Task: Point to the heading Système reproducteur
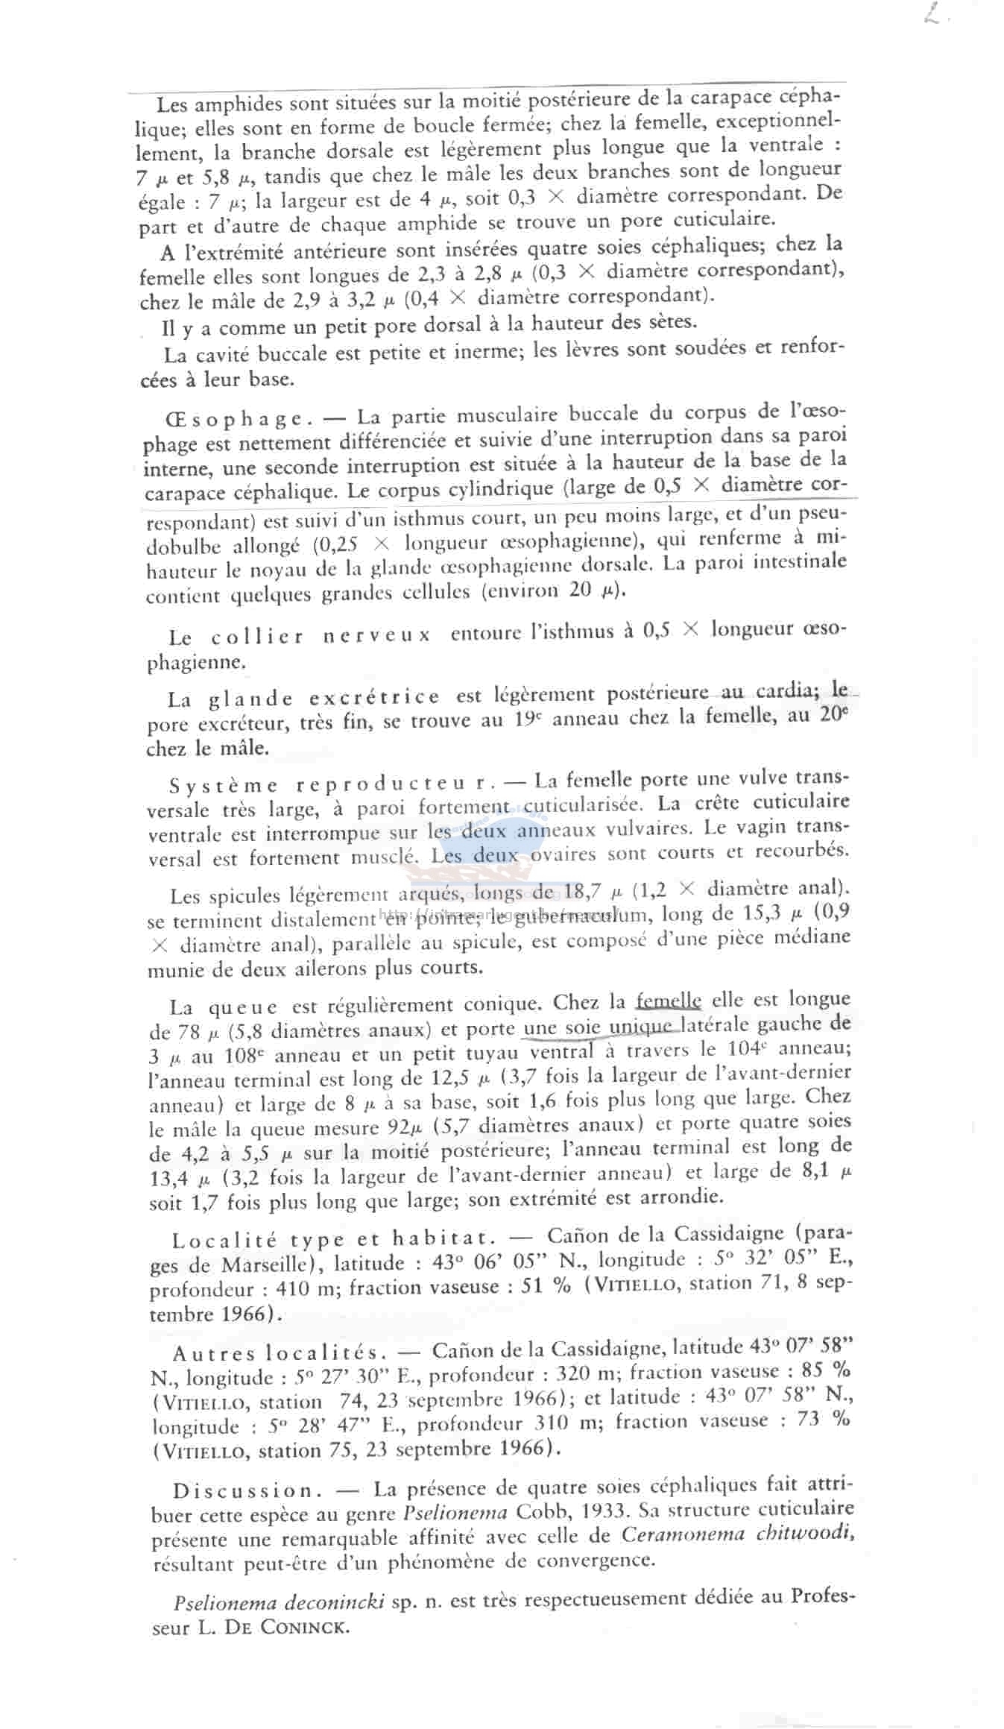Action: [332, 784]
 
